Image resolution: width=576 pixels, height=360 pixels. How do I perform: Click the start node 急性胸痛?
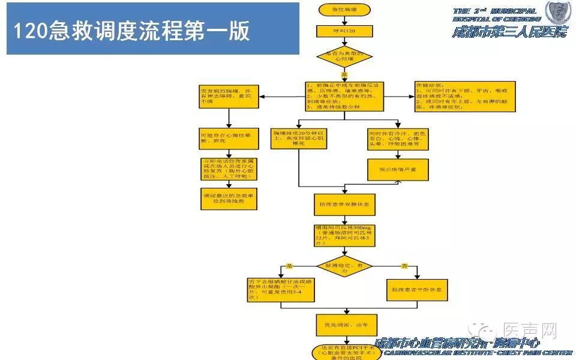[344, 10]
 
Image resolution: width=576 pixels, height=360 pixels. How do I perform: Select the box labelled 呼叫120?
[344, 31]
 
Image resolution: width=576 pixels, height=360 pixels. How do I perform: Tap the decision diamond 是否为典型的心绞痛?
[344, 58]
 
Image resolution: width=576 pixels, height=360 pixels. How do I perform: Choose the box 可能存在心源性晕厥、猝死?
[228, 139]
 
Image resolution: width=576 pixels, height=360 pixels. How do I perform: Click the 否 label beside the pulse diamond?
[404, 265]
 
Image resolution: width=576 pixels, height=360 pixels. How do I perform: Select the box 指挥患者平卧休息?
[416, 290]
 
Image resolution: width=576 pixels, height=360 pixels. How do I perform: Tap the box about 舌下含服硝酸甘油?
[272, 290]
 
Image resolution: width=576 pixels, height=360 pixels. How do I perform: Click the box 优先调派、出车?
[344, 325]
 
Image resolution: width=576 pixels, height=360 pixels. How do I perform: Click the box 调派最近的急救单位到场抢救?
[228, 198]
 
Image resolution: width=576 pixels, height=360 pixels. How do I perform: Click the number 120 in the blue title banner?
[27, 31]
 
